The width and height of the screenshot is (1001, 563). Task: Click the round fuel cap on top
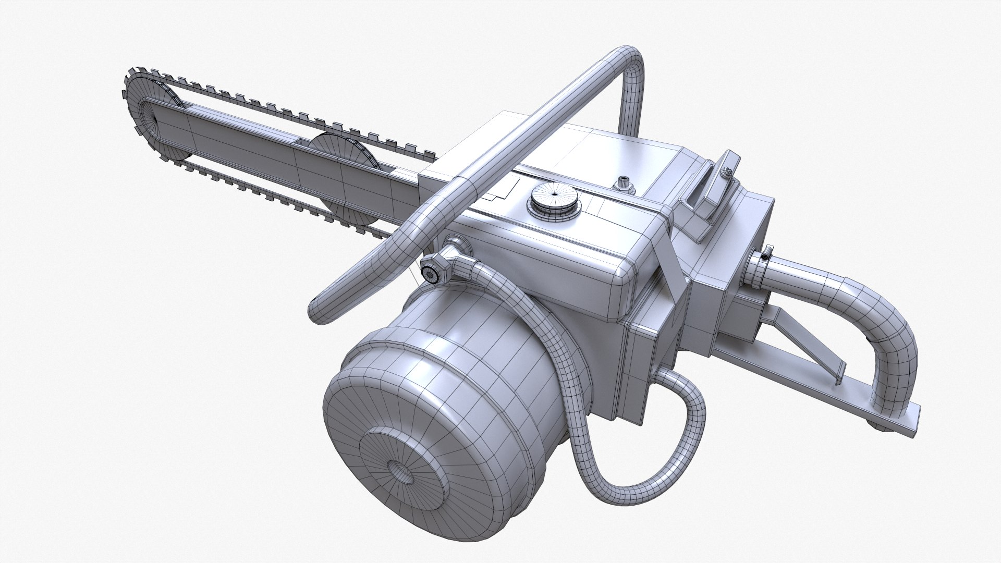[x=553, y=199]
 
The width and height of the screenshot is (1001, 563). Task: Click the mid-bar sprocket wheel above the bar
[x=341, y=151]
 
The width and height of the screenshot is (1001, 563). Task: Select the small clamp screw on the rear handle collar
[x=764, y=256]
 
